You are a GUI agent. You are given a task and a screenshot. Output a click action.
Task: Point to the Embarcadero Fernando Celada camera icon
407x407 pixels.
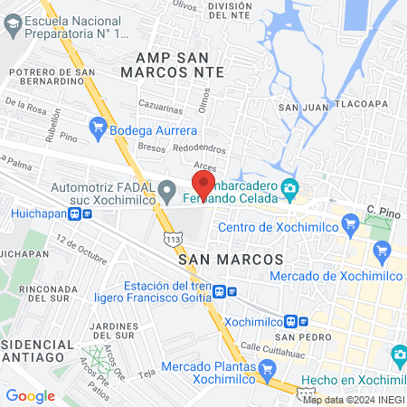point(290,191)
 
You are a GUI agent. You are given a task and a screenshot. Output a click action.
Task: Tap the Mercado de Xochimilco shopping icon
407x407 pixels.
point(381,249)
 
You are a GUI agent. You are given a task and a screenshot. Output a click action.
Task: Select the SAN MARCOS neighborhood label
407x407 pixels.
point(232,260)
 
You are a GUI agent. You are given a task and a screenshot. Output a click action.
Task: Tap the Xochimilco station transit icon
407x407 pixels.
point(291,321)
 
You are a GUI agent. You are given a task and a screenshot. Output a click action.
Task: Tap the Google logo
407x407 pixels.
point(30,395)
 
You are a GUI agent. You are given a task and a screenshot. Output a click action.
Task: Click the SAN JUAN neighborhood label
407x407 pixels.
point(301,107)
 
